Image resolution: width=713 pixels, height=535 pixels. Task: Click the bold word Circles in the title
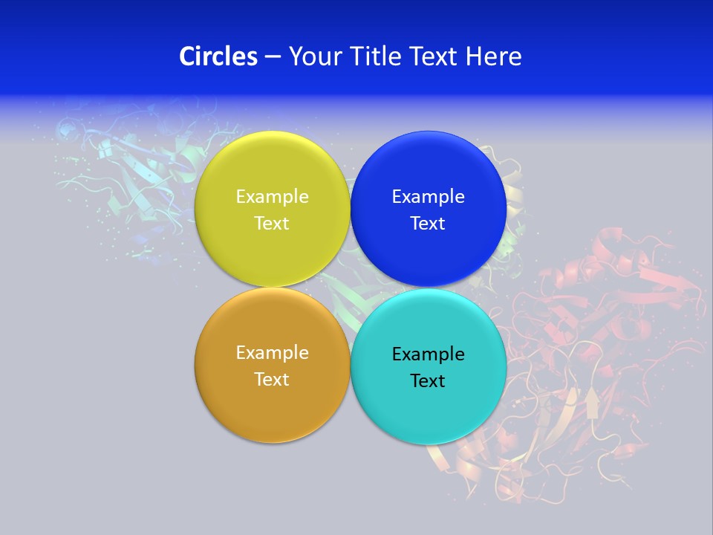coord(218,56)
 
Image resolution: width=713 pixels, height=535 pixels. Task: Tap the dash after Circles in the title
coord(273,57)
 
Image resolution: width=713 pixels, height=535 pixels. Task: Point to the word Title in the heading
coord(372,56)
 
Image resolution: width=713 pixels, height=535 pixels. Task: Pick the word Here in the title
coord(494,56)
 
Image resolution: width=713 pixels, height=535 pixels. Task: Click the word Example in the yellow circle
coord(272,197)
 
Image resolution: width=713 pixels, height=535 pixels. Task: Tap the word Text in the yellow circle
coord(272,224)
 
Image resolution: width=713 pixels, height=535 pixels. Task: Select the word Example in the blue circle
coord(428,197)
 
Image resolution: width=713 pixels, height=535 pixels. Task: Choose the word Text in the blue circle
coord(428,224)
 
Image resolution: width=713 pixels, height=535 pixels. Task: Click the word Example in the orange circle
coord(272,353)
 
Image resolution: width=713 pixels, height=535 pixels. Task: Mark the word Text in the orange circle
coord(272,380)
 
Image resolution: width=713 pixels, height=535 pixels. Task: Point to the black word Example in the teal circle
coord(428,354)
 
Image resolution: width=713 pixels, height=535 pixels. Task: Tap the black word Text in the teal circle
coord(428,381)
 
